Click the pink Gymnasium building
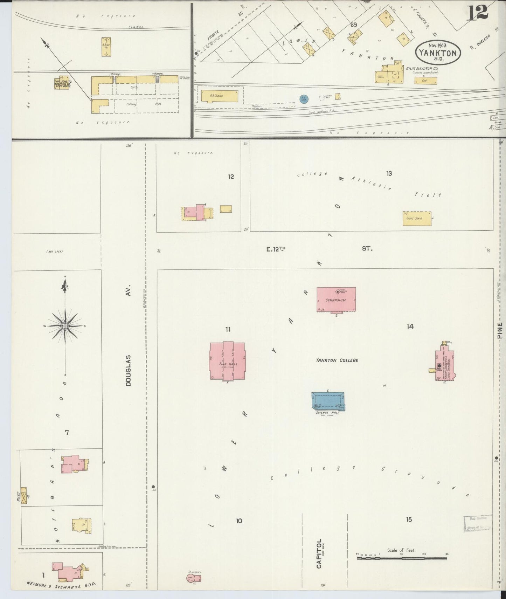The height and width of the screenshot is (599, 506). click(x=336, y=300)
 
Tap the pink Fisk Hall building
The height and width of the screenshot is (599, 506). click(x=227, y=361)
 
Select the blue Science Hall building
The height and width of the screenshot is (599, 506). click(x=328, y=400)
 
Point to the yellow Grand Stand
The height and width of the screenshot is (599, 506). click(x=416, y=218)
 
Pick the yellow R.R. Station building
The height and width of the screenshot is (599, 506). click(x=219, y=95)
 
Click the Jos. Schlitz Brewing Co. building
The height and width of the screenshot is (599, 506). click(x=62, y=83)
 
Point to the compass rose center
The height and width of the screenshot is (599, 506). click(x=65, y=326)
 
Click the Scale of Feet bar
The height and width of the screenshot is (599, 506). click(x=402, y=558)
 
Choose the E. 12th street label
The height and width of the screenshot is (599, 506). click(x=276, y=249)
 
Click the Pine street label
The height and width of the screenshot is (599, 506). click(x=500, y=330)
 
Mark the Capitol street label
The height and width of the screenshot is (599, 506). click(x=319, y=558)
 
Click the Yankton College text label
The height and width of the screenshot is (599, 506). click(x=337, y=360)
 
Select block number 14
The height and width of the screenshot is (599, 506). click(x=410, y=326)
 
